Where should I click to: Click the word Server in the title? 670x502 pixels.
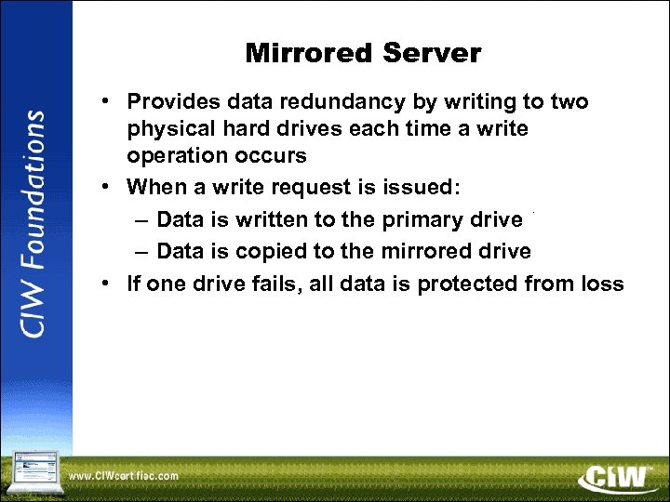(434, 54)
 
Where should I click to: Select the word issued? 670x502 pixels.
(415, 187)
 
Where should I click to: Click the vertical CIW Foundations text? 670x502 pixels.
(34, 223)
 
